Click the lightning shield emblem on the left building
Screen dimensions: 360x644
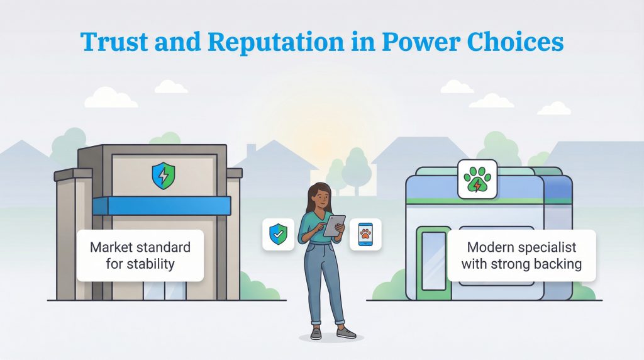[x=164, y=176]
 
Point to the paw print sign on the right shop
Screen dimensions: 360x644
[x=477, y=179]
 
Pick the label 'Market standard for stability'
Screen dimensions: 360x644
[x=140, y=254]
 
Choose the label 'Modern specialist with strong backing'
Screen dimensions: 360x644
[x=521, y=255]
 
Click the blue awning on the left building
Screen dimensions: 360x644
[x=162, y=206]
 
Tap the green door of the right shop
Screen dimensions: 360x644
[x=433, y=261]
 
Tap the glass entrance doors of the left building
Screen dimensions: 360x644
[x=165, y=290]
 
